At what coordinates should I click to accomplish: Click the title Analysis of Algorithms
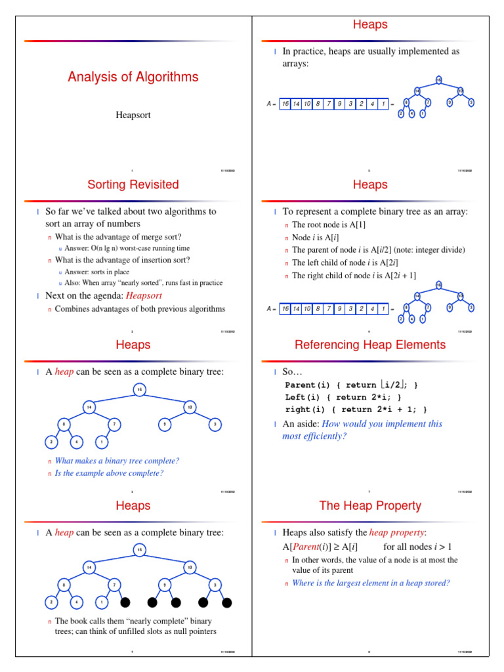click(133, 77)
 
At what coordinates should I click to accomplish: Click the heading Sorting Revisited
click(133, 184)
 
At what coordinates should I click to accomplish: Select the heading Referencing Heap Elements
click(370, 345)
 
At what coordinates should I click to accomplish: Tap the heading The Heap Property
click(370, 506)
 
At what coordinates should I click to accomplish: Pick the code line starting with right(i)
click(356, 409)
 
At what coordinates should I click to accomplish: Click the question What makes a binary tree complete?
click(117, 461)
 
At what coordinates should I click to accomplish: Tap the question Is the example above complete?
click(109, 473)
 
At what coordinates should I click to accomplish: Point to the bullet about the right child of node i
click(354, 276)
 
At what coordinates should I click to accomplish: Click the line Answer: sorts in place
click(97, 272)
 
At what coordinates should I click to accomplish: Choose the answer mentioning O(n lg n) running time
click(127, 249)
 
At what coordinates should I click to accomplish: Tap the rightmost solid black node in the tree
click(227, 602)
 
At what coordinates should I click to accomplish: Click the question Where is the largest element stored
click(371, 583)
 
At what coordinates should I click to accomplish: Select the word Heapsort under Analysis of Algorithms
click(133, 115)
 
